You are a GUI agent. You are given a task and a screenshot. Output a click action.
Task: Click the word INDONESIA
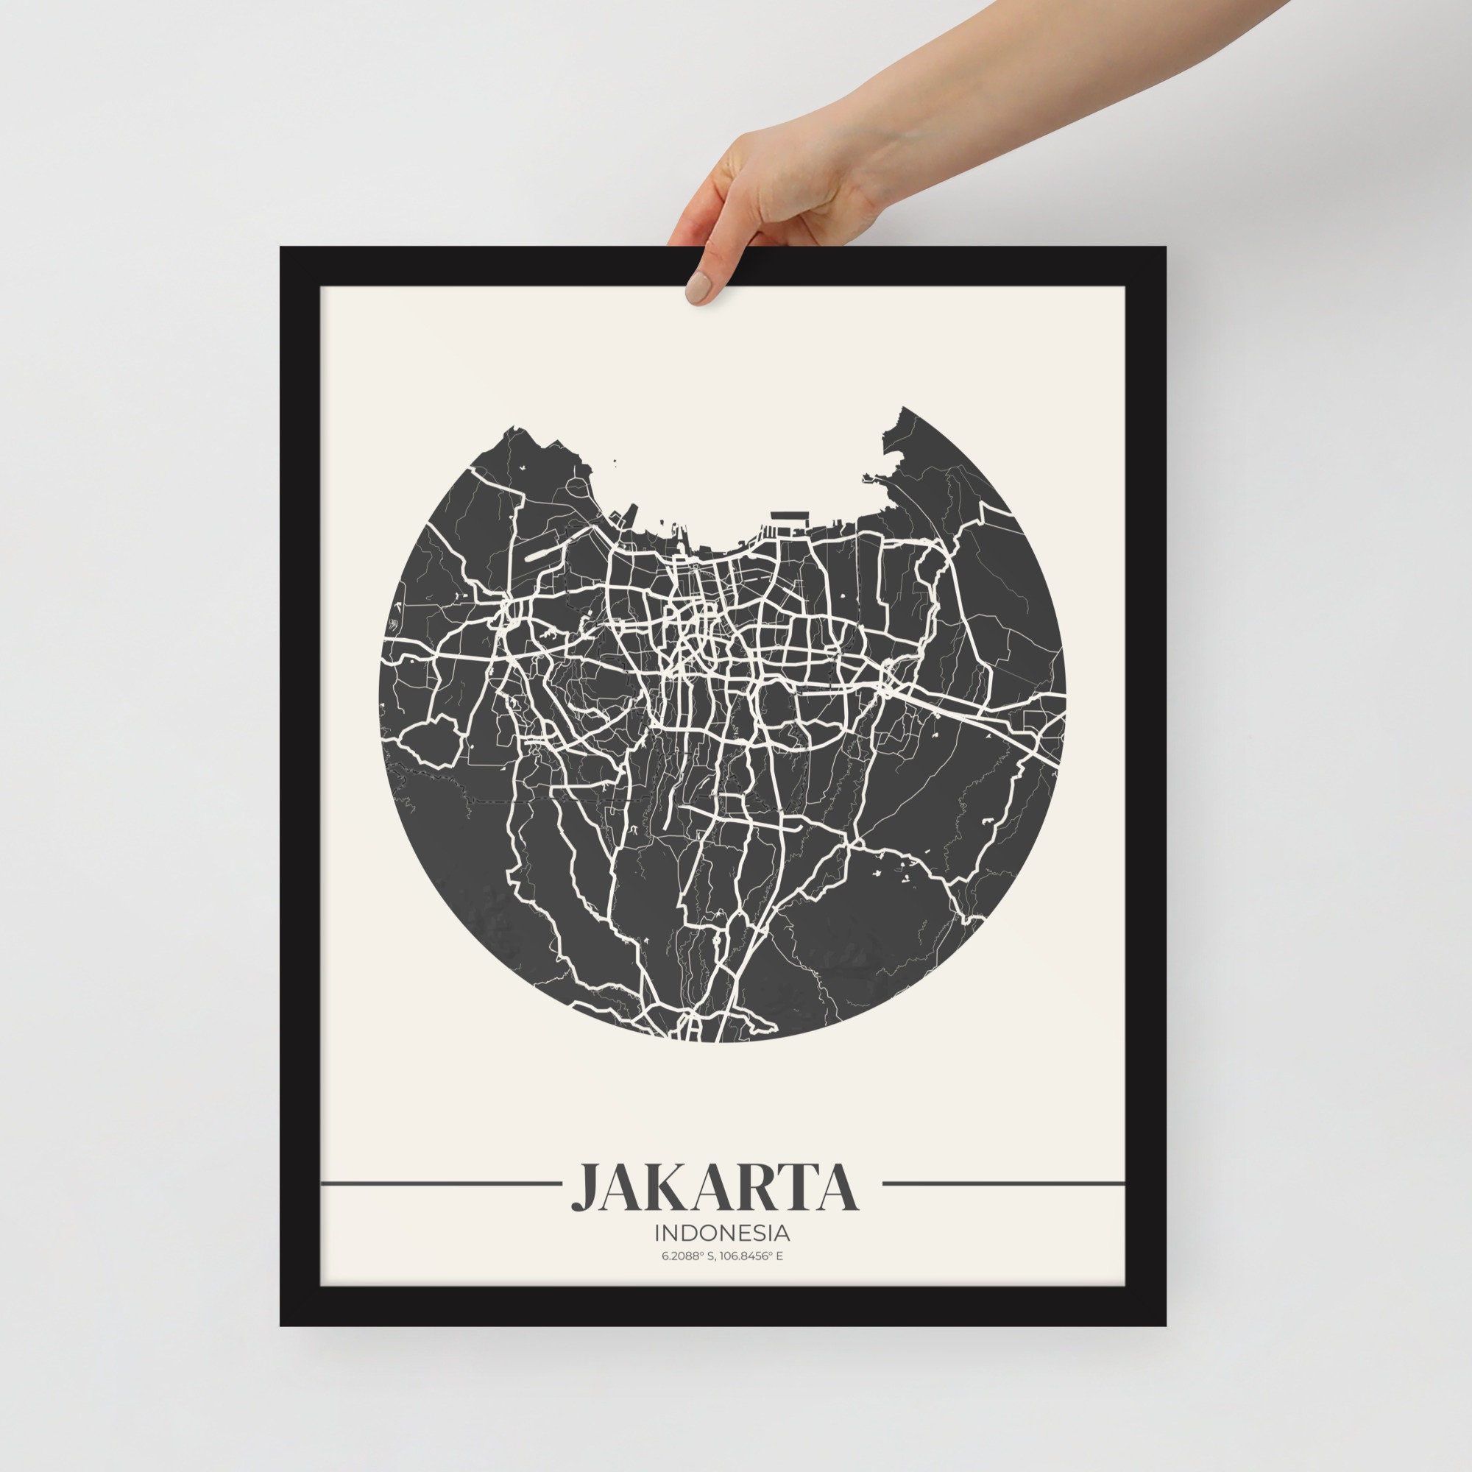[721, 1232]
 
